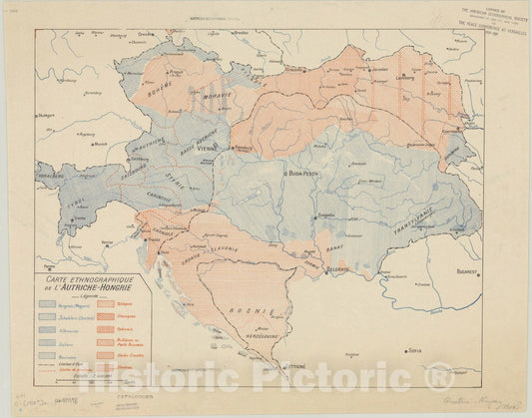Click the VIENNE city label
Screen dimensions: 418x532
pos(208,146)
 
